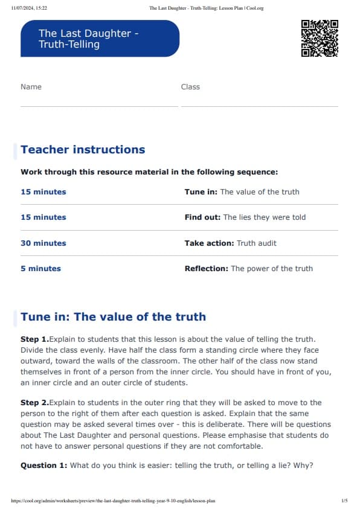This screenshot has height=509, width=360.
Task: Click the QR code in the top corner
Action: tap(319, 38)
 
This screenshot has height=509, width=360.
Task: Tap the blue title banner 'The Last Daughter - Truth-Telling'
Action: tap(100, 39)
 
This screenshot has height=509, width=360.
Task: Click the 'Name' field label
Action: tap(31, 87)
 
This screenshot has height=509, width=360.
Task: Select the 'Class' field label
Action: tap(190, 87)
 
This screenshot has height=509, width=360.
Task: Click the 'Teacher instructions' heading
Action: tap(83, 150)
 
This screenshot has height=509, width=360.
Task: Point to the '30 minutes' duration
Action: tap(43, 243)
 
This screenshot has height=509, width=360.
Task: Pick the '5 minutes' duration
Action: tap(40, 269)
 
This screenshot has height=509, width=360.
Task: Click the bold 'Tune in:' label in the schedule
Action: tap(201, 192)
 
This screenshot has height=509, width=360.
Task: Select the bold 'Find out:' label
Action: tap(203, 217)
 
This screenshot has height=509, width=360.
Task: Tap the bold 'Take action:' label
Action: tap(209, 243)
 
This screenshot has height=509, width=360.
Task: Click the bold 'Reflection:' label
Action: tap(207, 269)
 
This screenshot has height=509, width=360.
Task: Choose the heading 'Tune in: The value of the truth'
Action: tap(113, 317)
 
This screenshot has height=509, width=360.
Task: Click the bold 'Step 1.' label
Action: tap(34, 339)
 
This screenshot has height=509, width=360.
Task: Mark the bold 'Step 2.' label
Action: tap(34, 403)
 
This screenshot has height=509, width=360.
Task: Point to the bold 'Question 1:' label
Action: tap(44, 466)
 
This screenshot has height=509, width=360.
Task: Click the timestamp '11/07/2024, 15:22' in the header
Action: tap(30, 8)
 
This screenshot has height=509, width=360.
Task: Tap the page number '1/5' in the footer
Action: tap(344, 501)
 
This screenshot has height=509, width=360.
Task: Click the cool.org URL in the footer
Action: tap(114, 501)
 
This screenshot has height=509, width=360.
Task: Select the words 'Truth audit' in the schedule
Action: tap(257, 243)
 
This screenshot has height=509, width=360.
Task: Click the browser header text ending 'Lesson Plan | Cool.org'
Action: tap(206, 8)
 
